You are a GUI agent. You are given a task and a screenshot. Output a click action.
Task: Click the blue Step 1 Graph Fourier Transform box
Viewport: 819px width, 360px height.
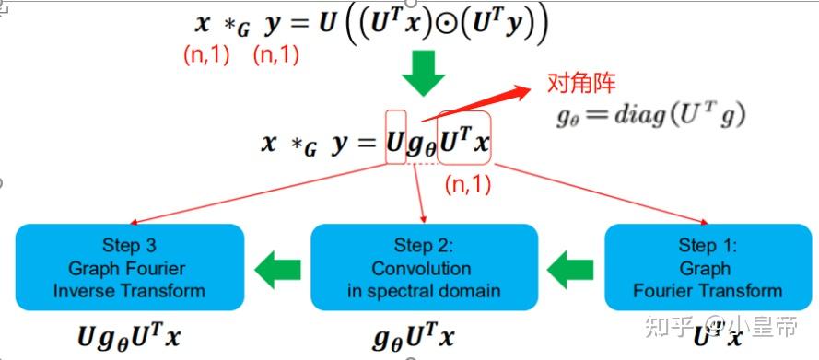click(x=707, y=268)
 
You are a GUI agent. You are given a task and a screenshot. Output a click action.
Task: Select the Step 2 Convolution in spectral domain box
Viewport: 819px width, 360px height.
click(x=424, y=268)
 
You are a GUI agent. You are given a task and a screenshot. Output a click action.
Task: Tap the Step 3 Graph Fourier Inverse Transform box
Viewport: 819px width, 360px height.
click(x=129, y=268)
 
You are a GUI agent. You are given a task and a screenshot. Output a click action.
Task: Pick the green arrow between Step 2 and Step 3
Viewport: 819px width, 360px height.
click(x=277, y=270)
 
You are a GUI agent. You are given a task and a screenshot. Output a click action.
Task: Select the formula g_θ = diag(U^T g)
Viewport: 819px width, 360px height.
click(x=650, y=115)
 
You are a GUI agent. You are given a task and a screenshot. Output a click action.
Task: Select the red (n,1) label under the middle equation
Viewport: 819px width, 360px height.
click(x=468, y=183)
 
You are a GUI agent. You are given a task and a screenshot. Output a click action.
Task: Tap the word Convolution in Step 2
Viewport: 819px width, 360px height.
click(x=424, y=269)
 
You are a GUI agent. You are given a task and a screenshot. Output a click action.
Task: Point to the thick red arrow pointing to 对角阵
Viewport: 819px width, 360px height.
click(x=474, y=103)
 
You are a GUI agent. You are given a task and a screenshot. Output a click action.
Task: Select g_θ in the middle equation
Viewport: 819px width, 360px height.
click(x=422, y=145)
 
